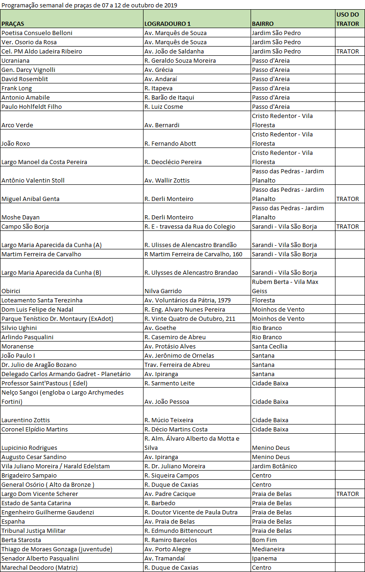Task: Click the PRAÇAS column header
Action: (13, 24)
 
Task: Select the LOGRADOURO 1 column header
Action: (168, 24)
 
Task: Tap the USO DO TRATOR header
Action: (347, 19)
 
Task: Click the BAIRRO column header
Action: (263, 24)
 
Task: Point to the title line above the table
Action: (89, 5)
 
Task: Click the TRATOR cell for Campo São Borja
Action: (347, 226)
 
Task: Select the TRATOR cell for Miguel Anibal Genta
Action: (347, 199)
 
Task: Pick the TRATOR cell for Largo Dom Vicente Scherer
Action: (347, 494)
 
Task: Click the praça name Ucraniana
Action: (15, 60)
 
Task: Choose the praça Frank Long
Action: (17, 88)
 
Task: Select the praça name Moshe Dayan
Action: (20, 217)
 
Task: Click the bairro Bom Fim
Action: (264, 540)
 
